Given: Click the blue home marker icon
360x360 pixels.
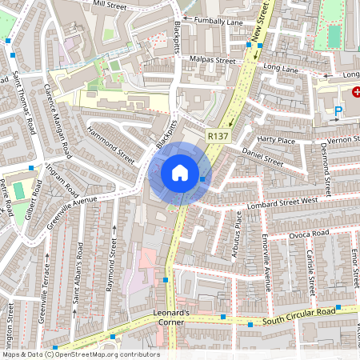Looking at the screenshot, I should tap(180, 173).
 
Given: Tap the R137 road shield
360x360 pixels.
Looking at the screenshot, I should tap(216, 137).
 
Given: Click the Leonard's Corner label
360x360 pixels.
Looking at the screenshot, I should tap(170, 316).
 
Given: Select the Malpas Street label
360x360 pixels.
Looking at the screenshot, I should tap(212, 59).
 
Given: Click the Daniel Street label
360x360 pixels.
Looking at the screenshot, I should tap(262, 156).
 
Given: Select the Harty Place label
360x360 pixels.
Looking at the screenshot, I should tap(276, 142).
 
